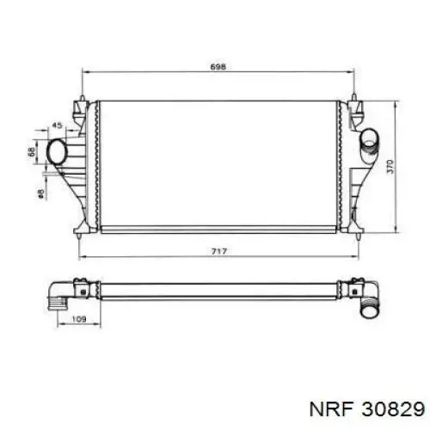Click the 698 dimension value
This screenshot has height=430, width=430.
click(x=218, y=67)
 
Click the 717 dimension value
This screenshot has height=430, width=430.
click(x=219, y=251)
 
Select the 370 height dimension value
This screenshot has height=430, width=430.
click(x=390, y=167)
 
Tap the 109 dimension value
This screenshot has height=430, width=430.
click(x=78, y=319)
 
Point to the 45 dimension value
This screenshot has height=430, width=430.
click(x=57, y=126)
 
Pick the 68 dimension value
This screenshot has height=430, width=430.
click(x=32, y=151)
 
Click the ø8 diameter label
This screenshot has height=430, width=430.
click(x=40, y=193)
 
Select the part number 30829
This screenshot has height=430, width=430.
click(x=393, y=408)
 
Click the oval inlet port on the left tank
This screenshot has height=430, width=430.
click(x=57, y=151)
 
